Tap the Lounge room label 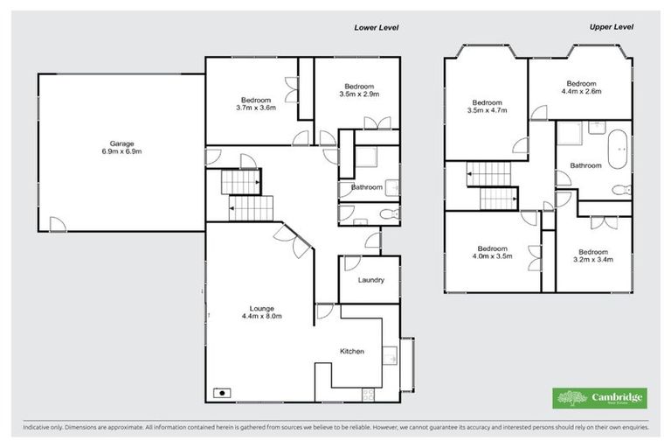point(261,308)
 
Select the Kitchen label point(352,351)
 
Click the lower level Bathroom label point(367,187)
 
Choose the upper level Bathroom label point(585,165)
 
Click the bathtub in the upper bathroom point(619,150)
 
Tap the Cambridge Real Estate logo point(600,398)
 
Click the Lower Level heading point(376,28)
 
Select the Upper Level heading point(610,27)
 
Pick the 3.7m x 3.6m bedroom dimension point(256,108)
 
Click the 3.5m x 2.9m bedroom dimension point(358,93)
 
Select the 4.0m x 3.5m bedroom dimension point(493,256)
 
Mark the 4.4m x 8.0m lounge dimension point(261,316)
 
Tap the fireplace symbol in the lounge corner point(224,392)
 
